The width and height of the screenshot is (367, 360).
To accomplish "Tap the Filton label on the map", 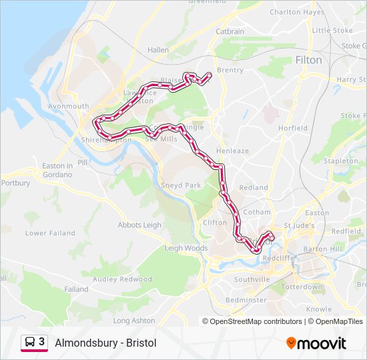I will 308,60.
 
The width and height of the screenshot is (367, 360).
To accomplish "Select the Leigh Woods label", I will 187,249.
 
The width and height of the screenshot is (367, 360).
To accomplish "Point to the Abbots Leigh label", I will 139,225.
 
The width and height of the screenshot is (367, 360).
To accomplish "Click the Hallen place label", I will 158,50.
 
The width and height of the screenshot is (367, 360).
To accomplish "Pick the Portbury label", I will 15,183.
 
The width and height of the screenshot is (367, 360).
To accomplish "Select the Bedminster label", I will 246,300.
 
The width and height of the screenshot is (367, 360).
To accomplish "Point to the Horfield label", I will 293,128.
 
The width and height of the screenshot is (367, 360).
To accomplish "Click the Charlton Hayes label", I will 297,12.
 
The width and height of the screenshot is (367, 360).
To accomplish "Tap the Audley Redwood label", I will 122,279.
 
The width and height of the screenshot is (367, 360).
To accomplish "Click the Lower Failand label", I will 45,233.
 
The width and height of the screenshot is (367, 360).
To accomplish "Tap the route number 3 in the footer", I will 42,342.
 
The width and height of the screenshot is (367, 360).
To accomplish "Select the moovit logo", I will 316,343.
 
